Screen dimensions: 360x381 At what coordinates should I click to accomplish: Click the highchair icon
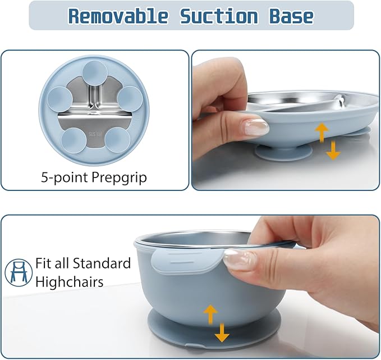pos(18,271)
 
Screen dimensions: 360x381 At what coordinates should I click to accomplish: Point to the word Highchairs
pos(69,281)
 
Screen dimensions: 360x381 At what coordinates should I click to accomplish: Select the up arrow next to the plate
pos(322,133)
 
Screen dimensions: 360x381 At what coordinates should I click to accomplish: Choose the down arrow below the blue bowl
pos(222,333)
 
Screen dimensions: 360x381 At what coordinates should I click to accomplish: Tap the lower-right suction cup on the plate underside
pos(117,139)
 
